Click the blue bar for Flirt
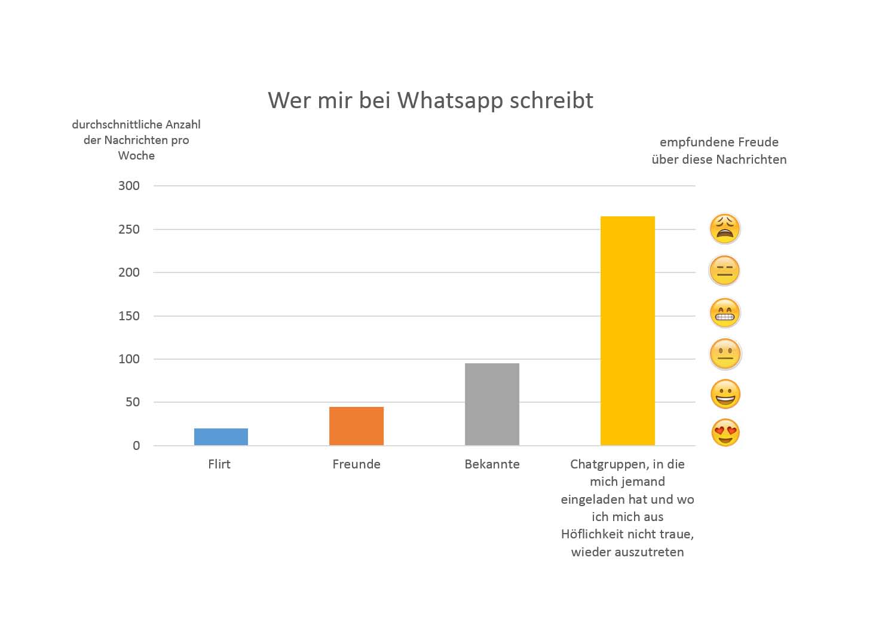click(221, 437)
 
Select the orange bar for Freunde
click(356, 426)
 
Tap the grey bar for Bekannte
click(492, 405)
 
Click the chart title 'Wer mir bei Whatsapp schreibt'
click(430, 100)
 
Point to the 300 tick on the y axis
click(129, 186)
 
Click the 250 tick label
click(129, 229)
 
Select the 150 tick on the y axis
click(129, 316)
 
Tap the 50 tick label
click(133, 402)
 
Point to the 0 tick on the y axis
click(136, 446)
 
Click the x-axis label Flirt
click(219, 464)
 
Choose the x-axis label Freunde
click(356, 464)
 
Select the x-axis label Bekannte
click(492, 464)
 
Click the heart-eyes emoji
click(725, 433)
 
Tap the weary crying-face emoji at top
click(725, 228)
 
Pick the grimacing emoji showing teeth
click(725, 313)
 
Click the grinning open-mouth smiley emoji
click(725, 394)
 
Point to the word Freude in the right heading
click(758, 142)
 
